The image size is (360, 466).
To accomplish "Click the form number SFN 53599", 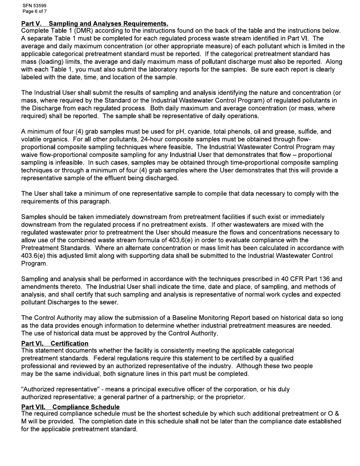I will (34, 6).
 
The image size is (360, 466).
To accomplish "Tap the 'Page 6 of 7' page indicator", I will (34, 11).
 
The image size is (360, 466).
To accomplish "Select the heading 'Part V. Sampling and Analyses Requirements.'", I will (95, 24).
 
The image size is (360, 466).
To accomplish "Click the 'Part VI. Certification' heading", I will (55, 343).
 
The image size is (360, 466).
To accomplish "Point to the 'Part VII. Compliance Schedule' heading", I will (70, 407).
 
